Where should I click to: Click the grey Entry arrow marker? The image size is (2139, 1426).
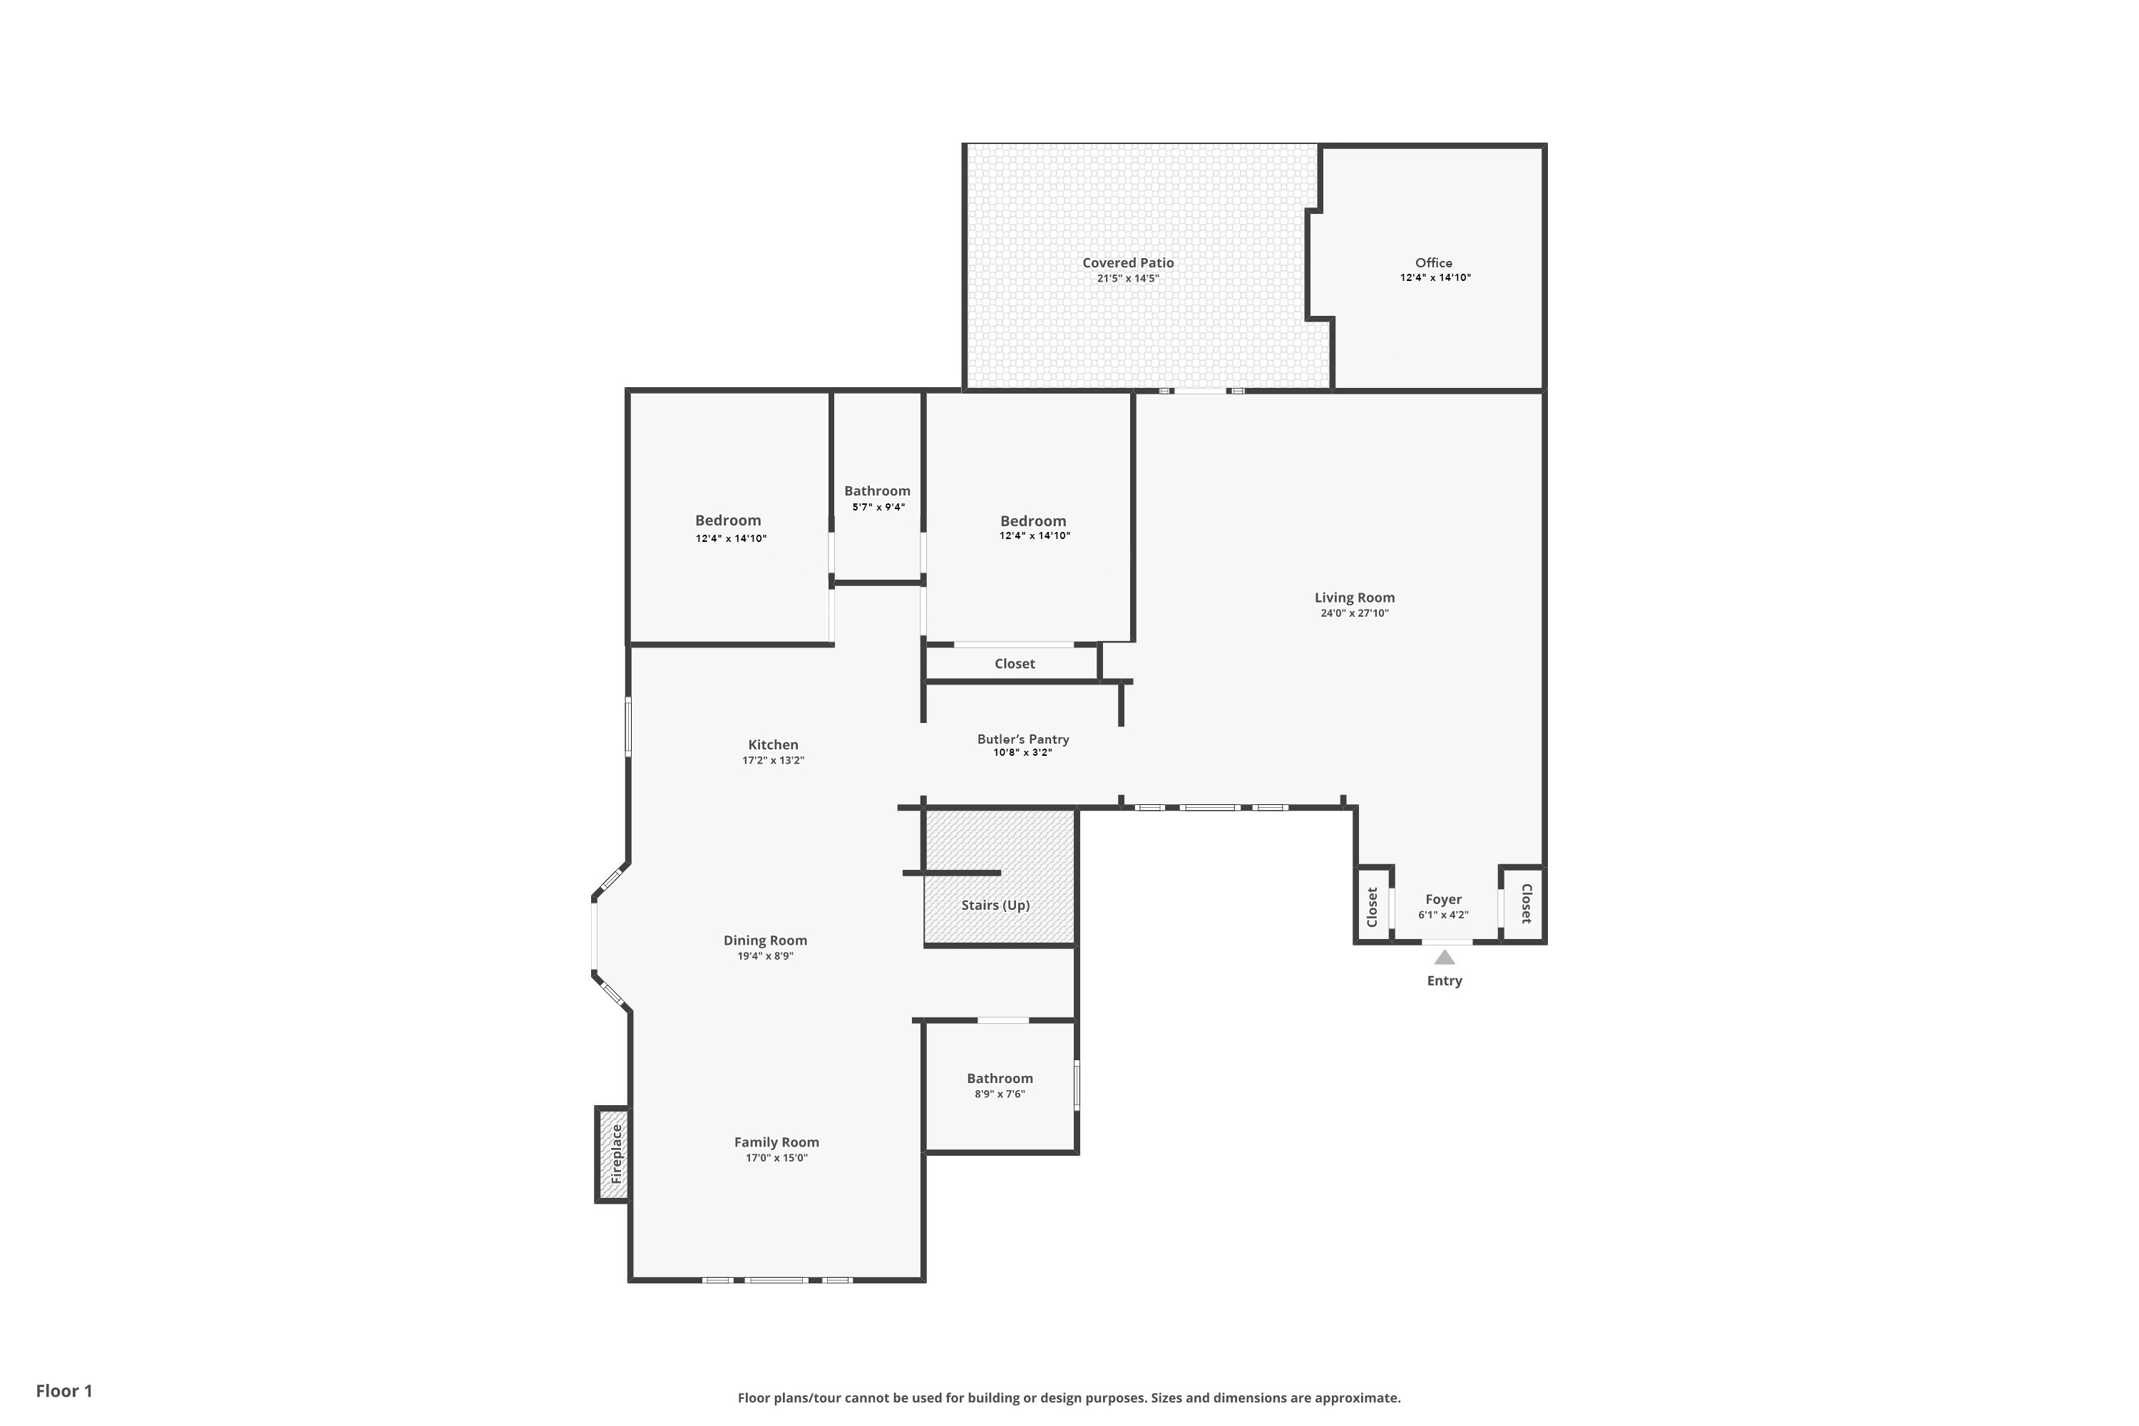(1445, 957)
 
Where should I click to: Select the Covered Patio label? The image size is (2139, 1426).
(1128, 263)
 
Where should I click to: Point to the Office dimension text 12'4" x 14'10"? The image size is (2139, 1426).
(1435, 277)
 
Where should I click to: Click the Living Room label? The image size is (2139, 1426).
(1354, 597)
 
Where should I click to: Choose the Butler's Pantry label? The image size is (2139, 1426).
(1023, 739)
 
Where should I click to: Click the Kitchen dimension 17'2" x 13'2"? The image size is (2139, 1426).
(773, 760)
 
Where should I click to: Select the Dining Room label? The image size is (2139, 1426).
(765, 940)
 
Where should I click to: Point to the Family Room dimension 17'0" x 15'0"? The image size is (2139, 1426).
(776, 1158)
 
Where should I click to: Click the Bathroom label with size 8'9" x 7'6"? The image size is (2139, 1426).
(1000, 1079)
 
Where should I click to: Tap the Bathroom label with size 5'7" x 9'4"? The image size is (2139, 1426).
(877, 491)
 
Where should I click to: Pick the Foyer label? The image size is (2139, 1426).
(1443, 899)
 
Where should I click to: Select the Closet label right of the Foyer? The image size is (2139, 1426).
(1527, 903)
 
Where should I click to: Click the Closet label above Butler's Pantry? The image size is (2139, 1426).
(1015, 664)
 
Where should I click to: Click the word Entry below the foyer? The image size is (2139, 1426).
(1445, 980)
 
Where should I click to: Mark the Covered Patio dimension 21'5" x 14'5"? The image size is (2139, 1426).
(1128, 278)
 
